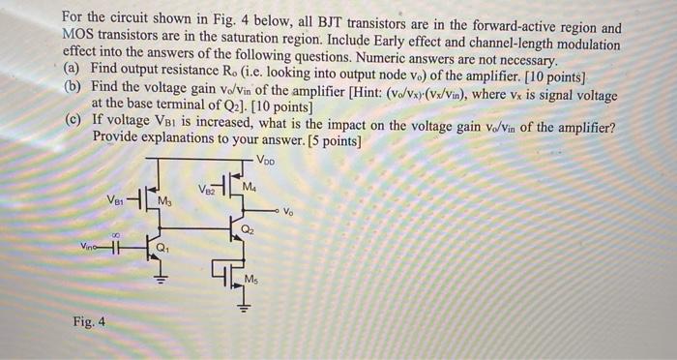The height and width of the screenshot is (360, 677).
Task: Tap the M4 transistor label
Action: (250, 186)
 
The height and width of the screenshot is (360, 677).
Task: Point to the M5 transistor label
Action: (250, 279)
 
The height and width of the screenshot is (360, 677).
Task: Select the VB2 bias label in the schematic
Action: (203, 188)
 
